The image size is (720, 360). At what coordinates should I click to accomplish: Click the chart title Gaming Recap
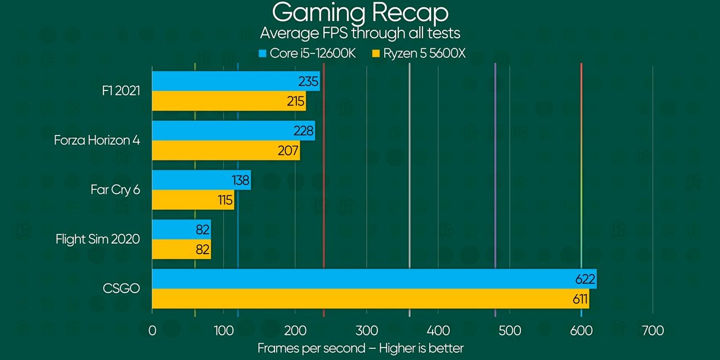360,12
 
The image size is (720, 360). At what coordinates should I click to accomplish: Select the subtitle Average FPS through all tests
360,33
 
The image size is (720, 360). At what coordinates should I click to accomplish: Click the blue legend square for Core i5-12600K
262,55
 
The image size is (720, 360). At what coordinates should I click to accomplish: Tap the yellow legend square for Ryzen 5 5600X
376,55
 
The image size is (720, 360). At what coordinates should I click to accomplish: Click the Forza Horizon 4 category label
97,140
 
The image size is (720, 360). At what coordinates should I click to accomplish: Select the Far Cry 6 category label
115,190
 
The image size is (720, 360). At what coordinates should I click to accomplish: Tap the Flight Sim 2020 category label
98,239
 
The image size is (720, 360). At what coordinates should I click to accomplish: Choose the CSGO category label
121,289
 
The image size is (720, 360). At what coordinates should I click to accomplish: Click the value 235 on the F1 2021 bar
308,82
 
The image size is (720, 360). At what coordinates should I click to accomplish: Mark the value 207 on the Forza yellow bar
289,151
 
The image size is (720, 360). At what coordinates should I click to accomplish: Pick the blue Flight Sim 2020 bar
181,229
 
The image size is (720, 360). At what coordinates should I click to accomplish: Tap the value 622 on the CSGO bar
585,279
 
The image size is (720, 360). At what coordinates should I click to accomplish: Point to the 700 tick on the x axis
652,330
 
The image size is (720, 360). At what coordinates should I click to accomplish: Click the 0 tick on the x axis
152,330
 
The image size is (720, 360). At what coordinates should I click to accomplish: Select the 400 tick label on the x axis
438,330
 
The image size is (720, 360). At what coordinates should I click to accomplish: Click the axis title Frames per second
360,348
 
